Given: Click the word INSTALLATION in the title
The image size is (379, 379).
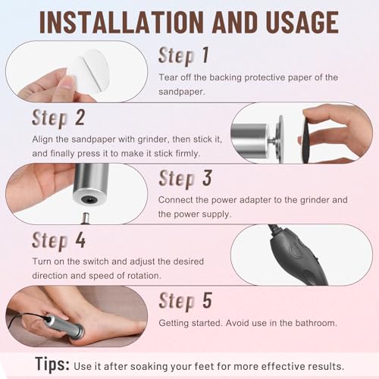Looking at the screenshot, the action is tap(121, 22).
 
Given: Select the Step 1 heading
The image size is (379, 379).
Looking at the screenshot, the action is tap(183, 56).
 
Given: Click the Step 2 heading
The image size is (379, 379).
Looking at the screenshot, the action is tap(58, 118).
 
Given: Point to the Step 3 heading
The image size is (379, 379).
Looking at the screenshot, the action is tap(185, 179).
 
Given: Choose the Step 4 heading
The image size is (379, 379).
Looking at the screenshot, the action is tap(58, 240).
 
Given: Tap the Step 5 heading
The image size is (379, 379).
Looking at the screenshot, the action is tap(185, 301).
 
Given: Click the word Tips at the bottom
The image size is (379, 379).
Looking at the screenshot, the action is tap(52, 365).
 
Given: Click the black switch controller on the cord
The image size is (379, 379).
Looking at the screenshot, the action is tap(297, 255).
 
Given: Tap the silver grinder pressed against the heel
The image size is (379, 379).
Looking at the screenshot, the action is tap(64, 327).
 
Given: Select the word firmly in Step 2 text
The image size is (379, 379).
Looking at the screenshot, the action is tap(188, 153).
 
